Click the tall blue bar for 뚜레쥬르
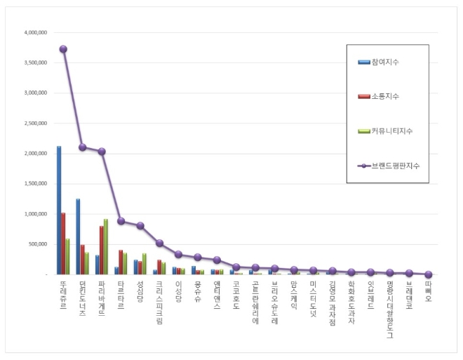click(59, 211)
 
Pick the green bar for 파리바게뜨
click(106, 246)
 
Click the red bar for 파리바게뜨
click(102, 250)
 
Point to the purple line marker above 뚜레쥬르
click(63, 49)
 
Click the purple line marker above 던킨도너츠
click(83, 147)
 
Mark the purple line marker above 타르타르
click(121, 221)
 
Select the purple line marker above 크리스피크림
click(159, 243)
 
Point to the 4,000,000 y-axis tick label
click(34, 32)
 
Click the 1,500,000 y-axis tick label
click(34, 184)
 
